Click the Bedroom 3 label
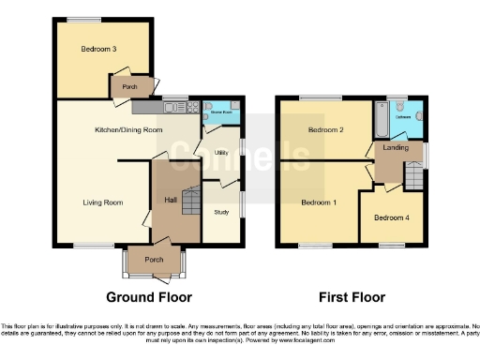(98, 49)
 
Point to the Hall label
(172, 200)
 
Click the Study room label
(221, 212)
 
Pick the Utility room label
(221, 151)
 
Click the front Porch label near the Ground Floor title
(155, 260)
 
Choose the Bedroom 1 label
(317, 202)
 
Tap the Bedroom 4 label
(390, 217)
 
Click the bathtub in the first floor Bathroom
(380, 117)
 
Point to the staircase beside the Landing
(412, 173)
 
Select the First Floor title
(352, 297)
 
